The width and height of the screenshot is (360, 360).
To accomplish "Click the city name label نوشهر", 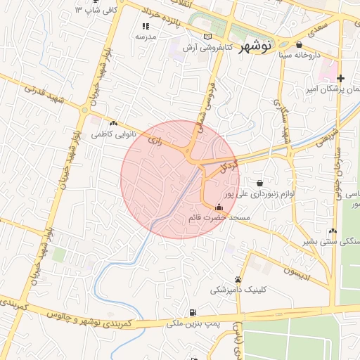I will coord(255,47).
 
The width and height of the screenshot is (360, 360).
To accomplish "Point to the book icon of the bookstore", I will coord(206,37).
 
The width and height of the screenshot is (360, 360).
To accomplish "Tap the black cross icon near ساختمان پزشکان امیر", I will coord(341,78).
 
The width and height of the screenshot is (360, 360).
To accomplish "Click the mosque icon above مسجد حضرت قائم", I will coord(219,207).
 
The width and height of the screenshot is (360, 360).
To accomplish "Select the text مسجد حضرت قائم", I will coord(219,218).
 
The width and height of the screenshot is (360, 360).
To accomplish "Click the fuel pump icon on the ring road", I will coord(192,312).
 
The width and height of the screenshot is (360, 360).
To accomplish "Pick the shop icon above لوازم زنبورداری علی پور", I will coord(260,183).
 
